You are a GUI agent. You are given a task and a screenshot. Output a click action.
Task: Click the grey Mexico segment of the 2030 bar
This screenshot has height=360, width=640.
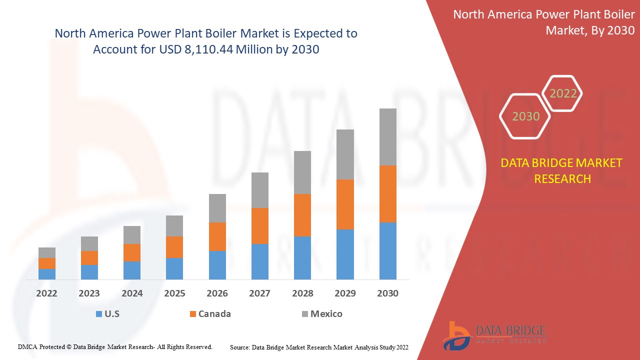tap(387, 136)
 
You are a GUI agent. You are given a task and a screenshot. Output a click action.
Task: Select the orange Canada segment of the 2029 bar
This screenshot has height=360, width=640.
tap(345, 204)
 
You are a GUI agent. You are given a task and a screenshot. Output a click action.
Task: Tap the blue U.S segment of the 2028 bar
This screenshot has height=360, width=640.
tap(302, 257)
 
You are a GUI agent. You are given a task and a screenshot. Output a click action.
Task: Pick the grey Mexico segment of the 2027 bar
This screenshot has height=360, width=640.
tap(259, 190)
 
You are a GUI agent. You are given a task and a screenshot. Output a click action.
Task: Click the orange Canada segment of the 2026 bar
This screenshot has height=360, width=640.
tap(217, 236)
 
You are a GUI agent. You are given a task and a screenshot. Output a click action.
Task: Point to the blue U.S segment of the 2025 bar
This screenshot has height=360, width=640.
tap(174, 268)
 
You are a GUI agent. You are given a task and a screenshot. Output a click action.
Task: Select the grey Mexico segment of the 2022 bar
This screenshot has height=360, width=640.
tap(47, 252)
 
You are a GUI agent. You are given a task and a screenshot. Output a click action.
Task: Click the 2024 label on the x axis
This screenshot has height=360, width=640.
tap(132, 293)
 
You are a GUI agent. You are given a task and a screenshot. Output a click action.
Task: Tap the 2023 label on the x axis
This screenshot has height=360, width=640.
tap(89, 293)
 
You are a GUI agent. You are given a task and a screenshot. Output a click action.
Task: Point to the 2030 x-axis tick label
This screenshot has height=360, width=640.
tap(387, 293)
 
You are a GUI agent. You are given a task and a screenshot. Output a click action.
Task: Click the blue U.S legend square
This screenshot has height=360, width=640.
tap(98, 314)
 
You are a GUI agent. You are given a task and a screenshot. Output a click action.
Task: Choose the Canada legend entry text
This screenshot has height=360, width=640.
tap(214, 314)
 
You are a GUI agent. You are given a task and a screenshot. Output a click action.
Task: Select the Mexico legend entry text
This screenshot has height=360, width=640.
tap(326, 314)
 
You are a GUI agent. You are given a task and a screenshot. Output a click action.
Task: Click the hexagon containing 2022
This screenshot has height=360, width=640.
tap(563, 93)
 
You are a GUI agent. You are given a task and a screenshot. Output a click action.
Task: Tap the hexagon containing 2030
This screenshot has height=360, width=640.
tap(525, 116)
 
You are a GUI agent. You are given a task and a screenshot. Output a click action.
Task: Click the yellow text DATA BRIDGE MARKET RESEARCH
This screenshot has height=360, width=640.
tap(562, 170)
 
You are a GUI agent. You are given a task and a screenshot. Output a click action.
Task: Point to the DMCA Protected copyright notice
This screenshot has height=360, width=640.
tap(115, 346)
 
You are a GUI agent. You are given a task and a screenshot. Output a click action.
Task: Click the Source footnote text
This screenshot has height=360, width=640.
tap(319, 347)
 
